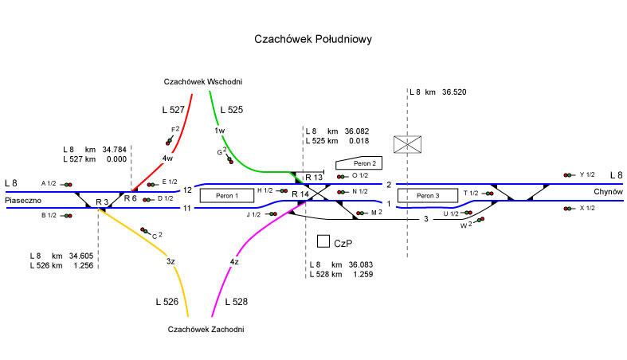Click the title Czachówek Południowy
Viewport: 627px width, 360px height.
point(313,38)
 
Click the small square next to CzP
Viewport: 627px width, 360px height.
point(323,241)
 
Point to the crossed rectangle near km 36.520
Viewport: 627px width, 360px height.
point(407,144)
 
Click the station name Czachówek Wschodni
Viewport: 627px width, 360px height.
point(203,81)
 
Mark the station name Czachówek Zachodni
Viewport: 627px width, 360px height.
point(206,329)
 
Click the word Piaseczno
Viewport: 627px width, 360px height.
point(23,201)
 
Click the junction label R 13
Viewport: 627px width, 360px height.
point(313,177)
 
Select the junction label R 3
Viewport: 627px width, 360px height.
point(101,202)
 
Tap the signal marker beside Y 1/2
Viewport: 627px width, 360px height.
point(569,174)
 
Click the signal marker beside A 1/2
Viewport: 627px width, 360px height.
point(67,184)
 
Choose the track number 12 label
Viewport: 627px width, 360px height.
point(187,190)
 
